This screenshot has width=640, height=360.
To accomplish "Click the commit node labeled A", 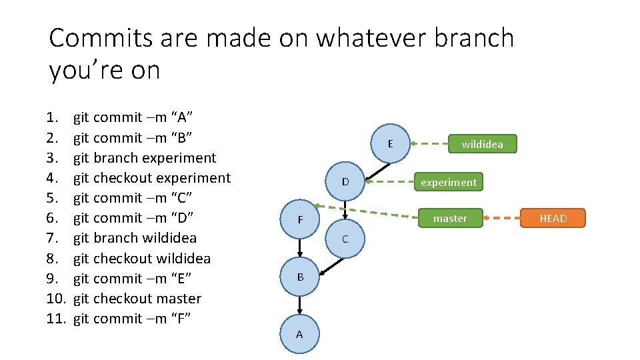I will [x=299, y=334].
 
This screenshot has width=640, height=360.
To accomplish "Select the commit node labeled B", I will [x=300, y=276].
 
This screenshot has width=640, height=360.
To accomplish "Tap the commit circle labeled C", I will [x=345, y=239].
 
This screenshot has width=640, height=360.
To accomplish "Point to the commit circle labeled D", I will [x=345, y=181].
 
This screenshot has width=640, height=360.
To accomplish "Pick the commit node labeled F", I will [x=300, y=219].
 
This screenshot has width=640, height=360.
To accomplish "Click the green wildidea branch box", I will [x=482, y=144].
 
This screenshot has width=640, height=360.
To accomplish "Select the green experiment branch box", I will [x=448, y=182].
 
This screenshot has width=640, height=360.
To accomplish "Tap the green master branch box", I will [x=450, y=218].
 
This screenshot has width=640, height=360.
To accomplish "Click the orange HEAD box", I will [x=553, y=218].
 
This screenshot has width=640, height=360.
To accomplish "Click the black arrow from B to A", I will [x=300, y=305].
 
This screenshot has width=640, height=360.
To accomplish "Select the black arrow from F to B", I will [x=300, y=248].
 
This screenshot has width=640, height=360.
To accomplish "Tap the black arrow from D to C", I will [x=345, y=210].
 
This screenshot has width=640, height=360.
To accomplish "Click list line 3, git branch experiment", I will [x=144, y=158].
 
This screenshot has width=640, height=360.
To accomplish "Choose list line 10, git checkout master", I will [x=137, y=298].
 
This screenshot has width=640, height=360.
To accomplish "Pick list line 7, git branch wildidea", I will [x=135, y=238].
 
